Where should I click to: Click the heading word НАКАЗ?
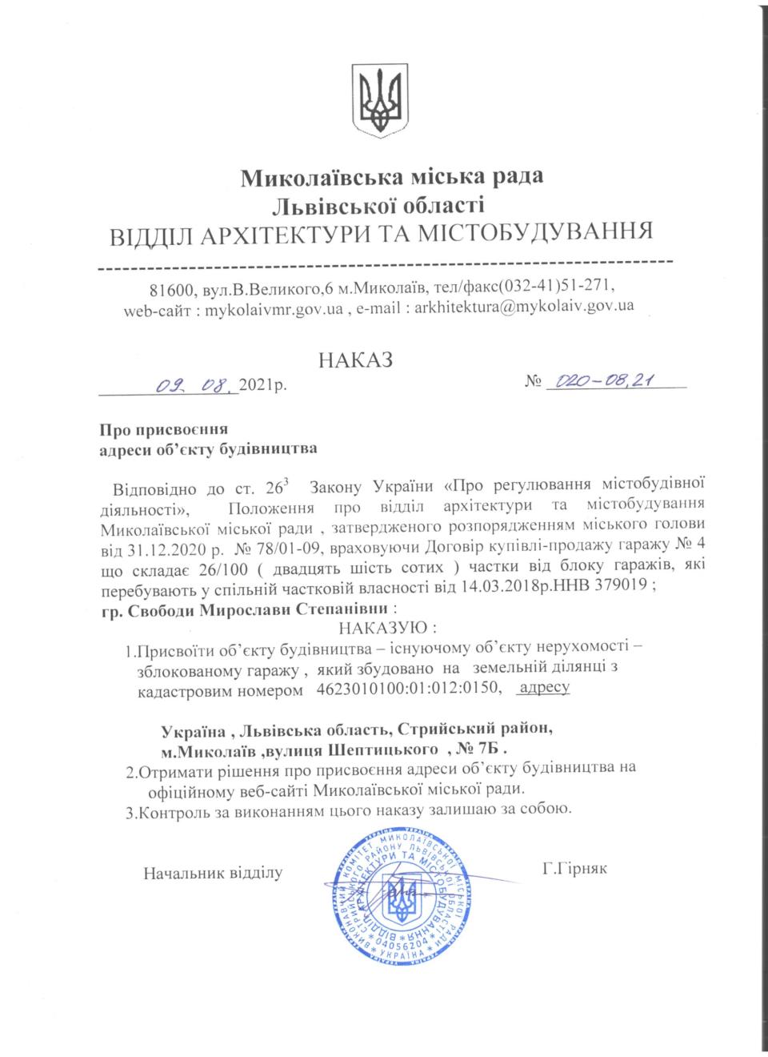356,360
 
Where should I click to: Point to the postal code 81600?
169,287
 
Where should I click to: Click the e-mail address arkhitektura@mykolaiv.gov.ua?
524,306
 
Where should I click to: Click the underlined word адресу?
544,687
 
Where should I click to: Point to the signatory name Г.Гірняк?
574,867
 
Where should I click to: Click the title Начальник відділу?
213,871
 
